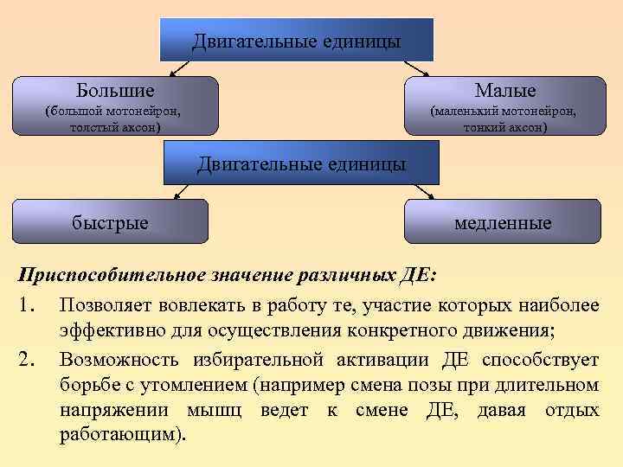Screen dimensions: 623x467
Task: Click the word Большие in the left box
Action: pyautogui.click(x=115, y=90)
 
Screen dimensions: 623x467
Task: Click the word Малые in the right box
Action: pyautogui.click(x=504, y=90)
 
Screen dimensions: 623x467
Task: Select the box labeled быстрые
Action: pyautogui.click(x=110, y=221)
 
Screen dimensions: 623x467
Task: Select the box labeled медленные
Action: pyautogui.click(x=503, y=221)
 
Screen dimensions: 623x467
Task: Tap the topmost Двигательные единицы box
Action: pyautogui.click(x=296, y=41)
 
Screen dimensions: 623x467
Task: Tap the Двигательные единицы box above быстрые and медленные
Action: pyautogui.click(x=301, y=163)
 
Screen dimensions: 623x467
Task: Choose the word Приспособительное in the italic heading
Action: pyautogui.click(x=112, y=276)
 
